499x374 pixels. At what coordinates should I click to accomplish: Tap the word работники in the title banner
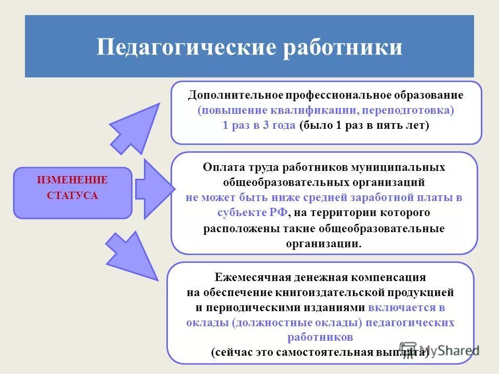pos(343,48)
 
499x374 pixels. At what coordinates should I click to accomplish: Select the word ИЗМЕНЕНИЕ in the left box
pos(72,180)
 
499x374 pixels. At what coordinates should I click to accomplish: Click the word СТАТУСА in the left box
pos(72,196)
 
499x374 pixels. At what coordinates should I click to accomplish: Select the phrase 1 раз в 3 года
pos(259,126)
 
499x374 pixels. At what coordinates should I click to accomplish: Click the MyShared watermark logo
pos(439,350)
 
